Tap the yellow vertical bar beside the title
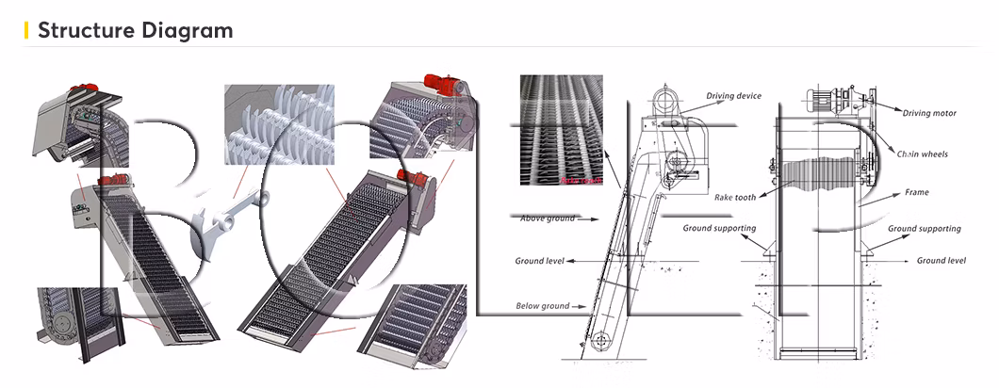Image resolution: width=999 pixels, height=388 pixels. coord(25,30)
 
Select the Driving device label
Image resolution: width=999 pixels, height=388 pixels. coord(733,96)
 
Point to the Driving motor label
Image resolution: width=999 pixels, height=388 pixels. coord(929,113)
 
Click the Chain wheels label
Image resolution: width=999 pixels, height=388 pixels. coord(922,154)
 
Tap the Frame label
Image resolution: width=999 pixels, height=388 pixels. coord(916,192)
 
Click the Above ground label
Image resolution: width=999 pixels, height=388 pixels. coord(548,218)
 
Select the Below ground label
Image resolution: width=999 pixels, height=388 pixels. coord(542,306)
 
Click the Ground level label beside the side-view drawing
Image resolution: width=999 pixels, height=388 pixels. coord(539,261)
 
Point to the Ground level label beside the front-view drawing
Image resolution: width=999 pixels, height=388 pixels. coord(942,260)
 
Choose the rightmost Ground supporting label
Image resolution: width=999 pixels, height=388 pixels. coord(924,229)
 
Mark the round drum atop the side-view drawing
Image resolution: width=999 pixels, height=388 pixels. coord(666,98)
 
